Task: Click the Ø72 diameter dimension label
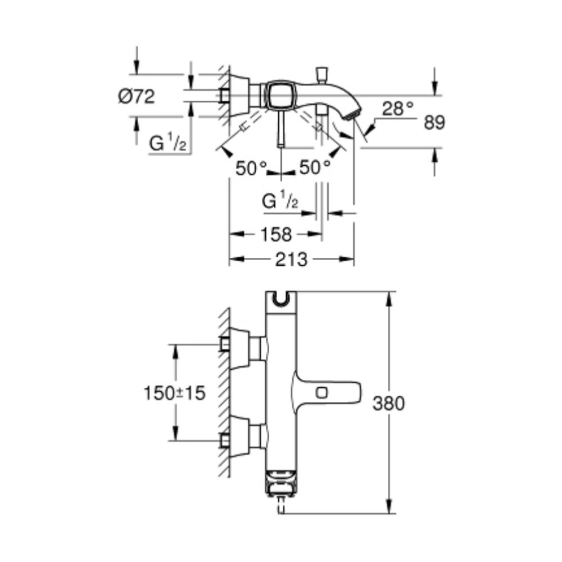coord(137,96)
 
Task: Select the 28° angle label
coord(398,108)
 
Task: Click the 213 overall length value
coord(291,260)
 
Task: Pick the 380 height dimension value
coord(388,403)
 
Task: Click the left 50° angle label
coord(251,167)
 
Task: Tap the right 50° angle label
coord(315,167)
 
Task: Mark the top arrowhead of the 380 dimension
coord(388,297)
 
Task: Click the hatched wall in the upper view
coord(224,96)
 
